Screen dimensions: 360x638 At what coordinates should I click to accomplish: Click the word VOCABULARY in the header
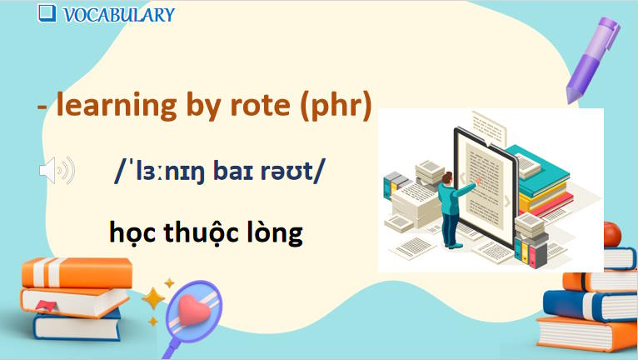pos(118,14)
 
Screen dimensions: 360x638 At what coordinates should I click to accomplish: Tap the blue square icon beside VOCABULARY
pos(47,12)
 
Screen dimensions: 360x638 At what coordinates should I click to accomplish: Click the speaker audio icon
pos(56,171)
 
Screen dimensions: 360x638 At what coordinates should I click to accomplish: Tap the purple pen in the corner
pos(595,55)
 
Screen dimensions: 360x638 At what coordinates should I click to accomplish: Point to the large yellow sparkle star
pos(153,297)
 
